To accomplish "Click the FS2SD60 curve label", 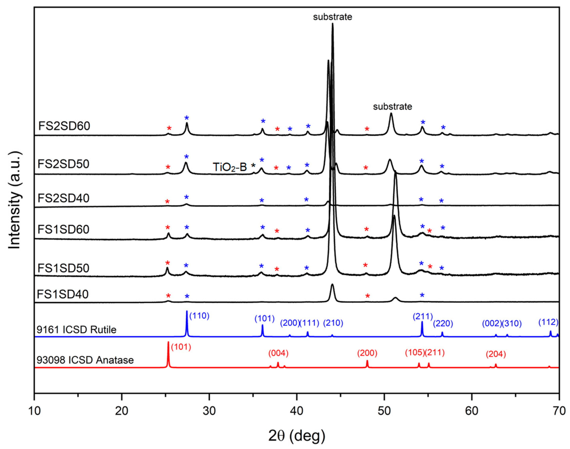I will [x=64, y=126].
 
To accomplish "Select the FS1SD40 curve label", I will [x=62, y=294].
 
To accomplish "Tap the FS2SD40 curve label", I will [x=63, y=198].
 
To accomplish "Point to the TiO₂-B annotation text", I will [x=230, y=167].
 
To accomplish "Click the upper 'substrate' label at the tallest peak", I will [x=332, y=17].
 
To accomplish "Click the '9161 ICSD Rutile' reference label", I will [x=76, y=329].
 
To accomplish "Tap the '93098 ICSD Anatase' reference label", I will [x=85, y=360].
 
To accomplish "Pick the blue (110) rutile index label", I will [x=199, y=316].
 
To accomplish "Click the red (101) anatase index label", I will [x=181, y=347].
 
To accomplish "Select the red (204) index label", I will [x=496, y=354].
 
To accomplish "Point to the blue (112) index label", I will [x=548, y=322].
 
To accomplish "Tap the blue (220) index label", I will [x=443, y=323].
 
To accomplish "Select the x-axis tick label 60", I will [x=472, y=411].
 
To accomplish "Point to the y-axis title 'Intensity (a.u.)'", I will [x=15, y=200].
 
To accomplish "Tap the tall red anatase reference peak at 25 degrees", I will [x=168, y=354].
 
